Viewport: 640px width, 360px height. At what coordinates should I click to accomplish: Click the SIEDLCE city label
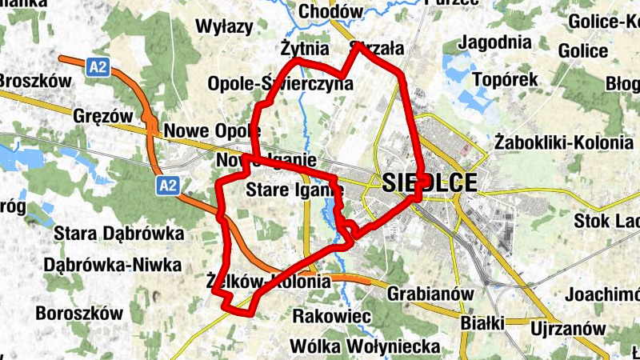coord(430,182)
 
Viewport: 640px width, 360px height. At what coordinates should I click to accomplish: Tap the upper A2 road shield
coord(98,68)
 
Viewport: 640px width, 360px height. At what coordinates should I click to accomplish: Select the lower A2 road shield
coord(166,186)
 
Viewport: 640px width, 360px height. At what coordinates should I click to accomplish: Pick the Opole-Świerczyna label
coord(280,83)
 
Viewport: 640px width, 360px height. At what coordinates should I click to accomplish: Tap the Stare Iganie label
coord(294,190)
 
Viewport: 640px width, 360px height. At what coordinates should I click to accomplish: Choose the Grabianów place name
coord(430,294)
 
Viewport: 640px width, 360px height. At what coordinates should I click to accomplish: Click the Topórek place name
coord(506,80)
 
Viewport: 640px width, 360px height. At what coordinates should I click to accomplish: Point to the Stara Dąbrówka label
coord(118,234)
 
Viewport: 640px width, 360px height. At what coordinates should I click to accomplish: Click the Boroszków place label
coord(78,312)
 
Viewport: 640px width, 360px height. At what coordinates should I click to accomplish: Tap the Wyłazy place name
coord(224,26)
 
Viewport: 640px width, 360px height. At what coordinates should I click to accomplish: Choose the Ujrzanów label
coord(567,328)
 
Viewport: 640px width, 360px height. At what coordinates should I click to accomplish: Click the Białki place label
coord(482,323)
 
